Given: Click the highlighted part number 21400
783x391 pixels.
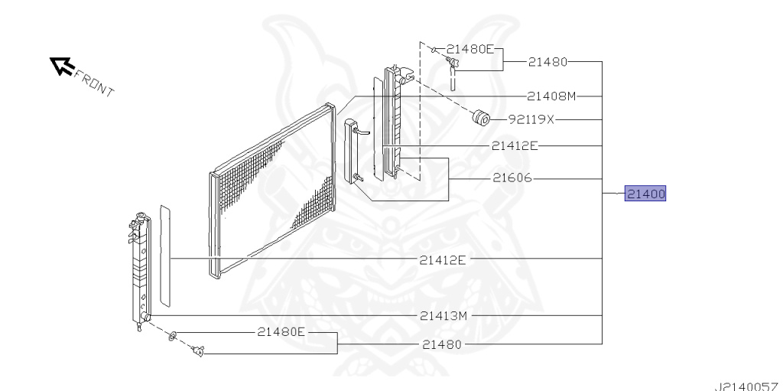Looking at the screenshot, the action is [645, 194].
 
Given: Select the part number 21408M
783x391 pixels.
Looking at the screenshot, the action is [551, 96].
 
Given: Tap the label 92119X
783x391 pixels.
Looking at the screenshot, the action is [531, 119].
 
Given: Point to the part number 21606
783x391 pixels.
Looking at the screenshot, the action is [512, 178].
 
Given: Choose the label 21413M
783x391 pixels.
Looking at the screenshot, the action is [443, 316].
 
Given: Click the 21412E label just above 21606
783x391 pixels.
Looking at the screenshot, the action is [515, 145].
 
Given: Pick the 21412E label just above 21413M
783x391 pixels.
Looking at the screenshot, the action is [443, 260].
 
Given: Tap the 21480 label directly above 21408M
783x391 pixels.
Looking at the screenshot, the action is [547, 61].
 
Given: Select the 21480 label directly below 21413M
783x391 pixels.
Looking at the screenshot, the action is [442, 344].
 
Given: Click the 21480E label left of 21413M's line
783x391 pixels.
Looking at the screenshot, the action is [281, 331].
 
